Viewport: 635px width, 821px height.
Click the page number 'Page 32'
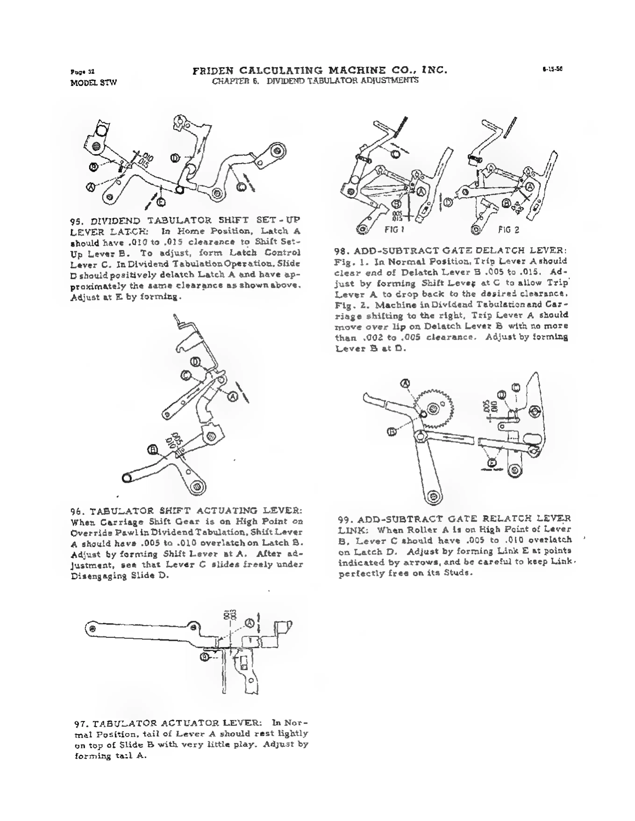coord(82,72)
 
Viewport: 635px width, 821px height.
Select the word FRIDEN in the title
coord(213,70)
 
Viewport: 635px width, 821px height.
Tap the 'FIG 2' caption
coord(509,229)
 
